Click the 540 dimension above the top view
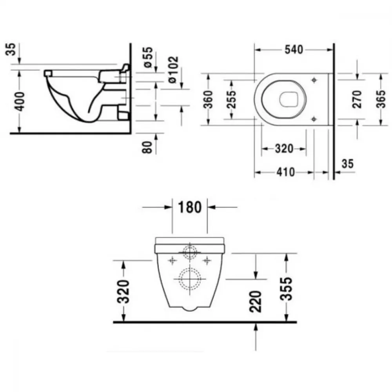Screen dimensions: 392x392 (x=294, y=49)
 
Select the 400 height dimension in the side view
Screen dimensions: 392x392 (x=20, y=101)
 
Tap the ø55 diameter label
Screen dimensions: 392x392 (x=148, y=57)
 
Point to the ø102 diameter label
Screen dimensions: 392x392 (x=174, y=69)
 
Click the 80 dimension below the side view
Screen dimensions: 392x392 (x=147, y=147)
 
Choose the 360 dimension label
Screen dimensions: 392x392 (x=208, y=100)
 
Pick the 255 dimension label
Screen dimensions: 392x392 (x=231, y=100)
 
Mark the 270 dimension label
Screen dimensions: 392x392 (x=357, y=99)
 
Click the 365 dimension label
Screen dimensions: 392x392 (x=381, y=99)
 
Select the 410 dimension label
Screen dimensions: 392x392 (x=285, y=172)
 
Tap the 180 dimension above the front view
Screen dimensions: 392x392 (x=190, y=207)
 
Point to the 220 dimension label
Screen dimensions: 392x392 (x=255, y=301)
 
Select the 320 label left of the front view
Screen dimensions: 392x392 (x=123, y=292)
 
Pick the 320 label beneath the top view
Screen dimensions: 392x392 (x=284, y=149)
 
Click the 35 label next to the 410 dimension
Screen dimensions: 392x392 (x=348, y=164)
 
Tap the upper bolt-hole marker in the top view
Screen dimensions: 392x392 (x=314, y=80)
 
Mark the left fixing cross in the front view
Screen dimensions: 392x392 (x=172, y=261)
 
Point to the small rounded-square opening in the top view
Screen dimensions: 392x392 (x=289, y=99)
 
